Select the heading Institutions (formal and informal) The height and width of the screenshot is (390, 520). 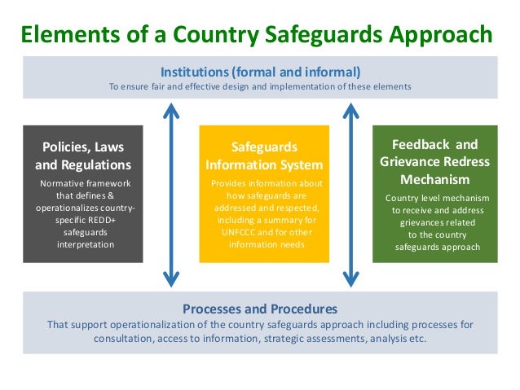[260, 70]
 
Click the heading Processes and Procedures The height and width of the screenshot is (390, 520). [260, 309]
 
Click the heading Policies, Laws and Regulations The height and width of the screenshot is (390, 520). [82, 156]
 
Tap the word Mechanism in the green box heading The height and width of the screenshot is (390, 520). [434, 179]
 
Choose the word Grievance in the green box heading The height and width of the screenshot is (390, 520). [409, 162]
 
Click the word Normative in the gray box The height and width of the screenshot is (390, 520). [63, 183]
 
